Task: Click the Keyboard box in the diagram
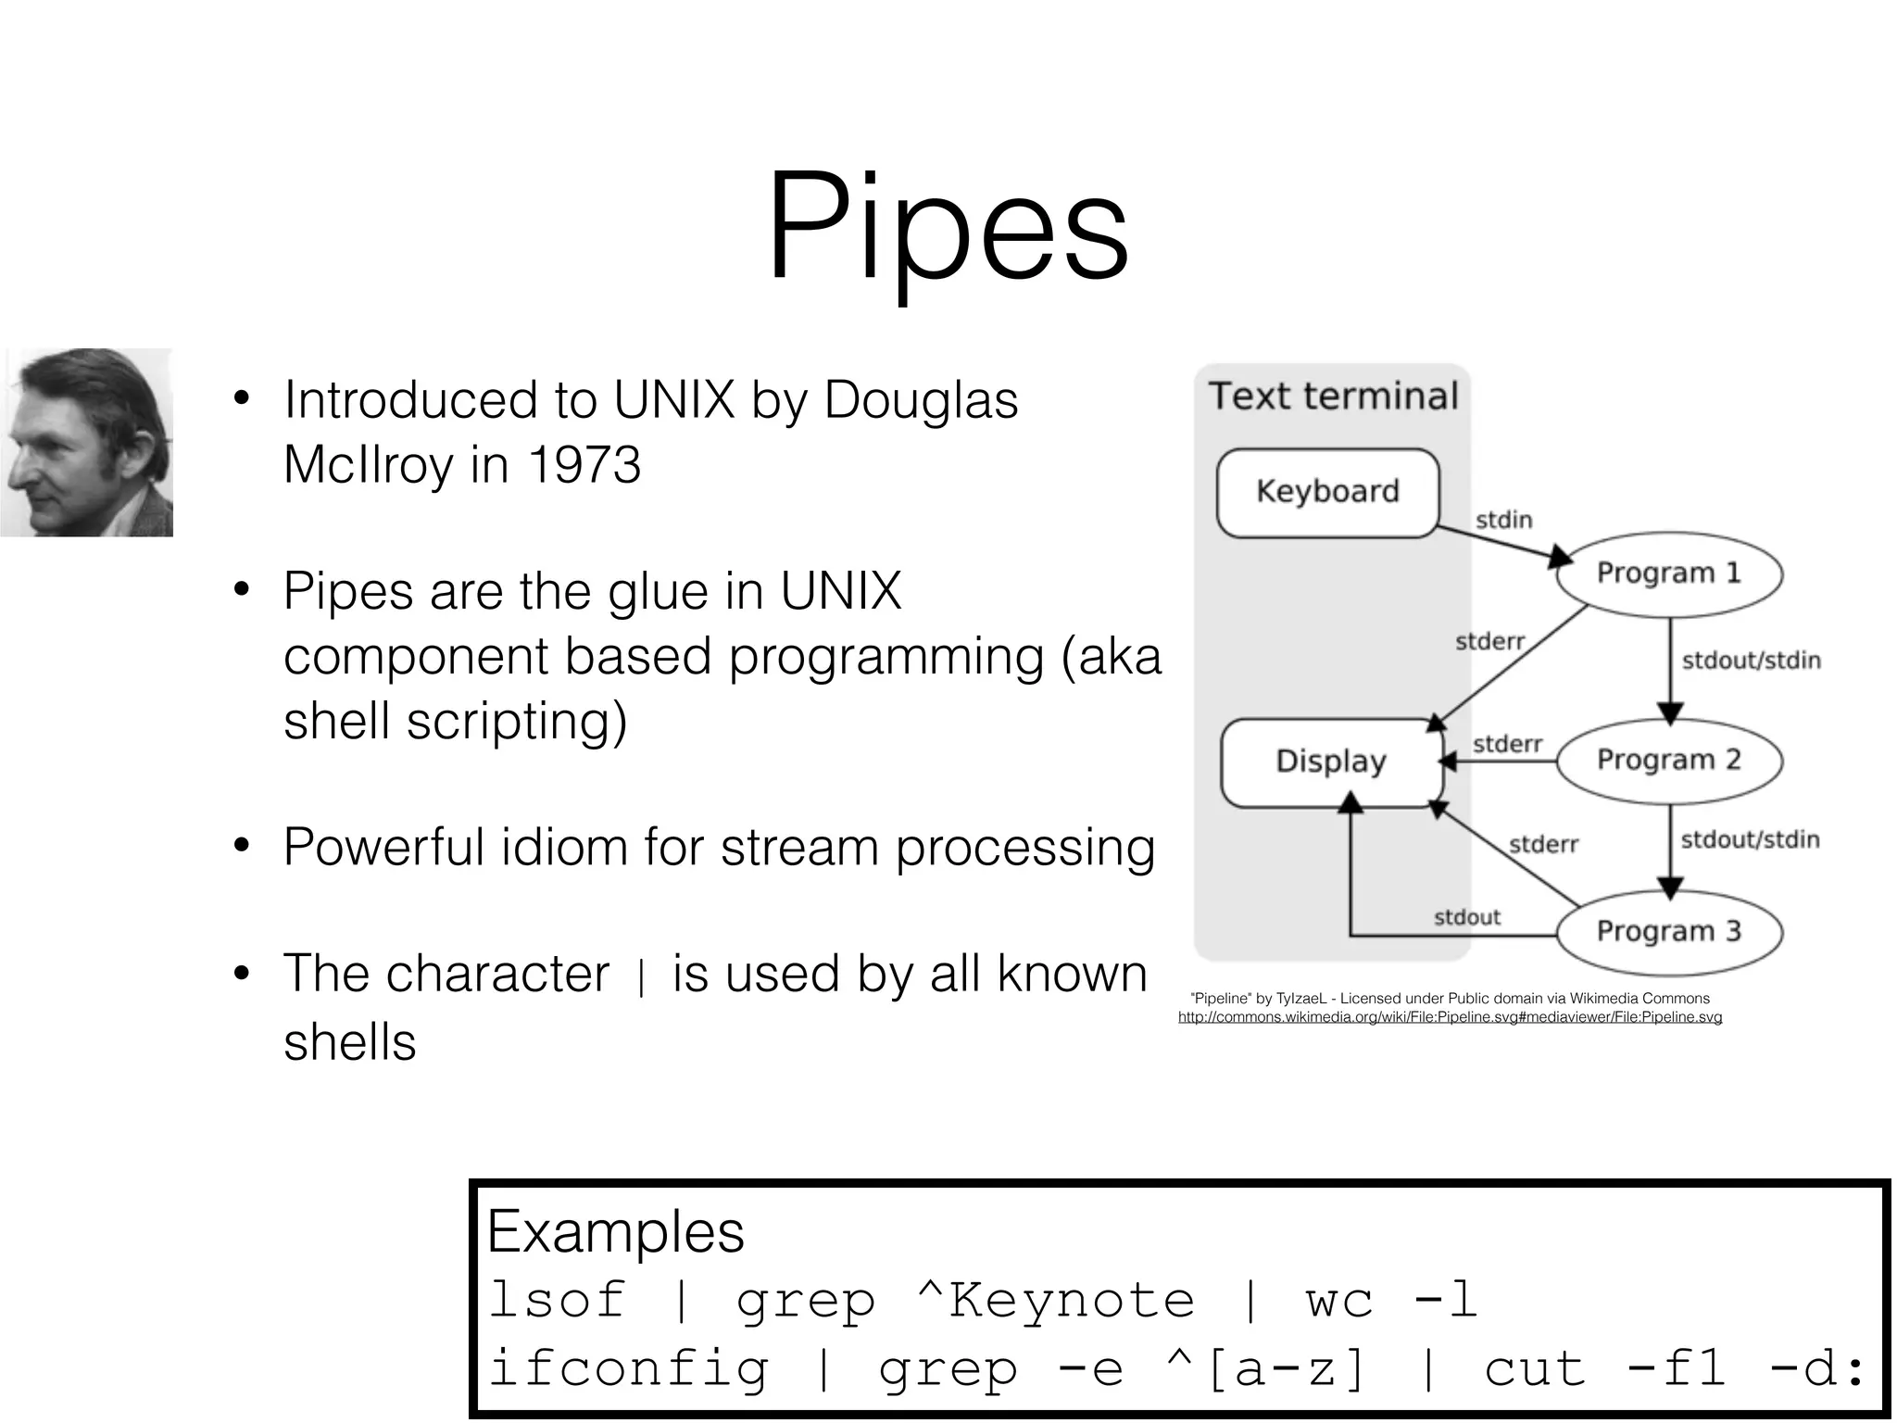1327,492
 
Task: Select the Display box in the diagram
1331,762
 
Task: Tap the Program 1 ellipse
1668,573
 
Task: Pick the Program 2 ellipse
1668,761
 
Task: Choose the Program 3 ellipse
1668,931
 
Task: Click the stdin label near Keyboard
1503,520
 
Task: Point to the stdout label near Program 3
1466,917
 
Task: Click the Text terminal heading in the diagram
1333,397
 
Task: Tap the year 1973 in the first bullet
584,464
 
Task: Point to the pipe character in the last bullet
641,977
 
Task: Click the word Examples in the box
616,1232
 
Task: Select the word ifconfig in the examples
629,1368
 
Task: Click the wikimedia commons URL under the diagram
1450,1017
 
